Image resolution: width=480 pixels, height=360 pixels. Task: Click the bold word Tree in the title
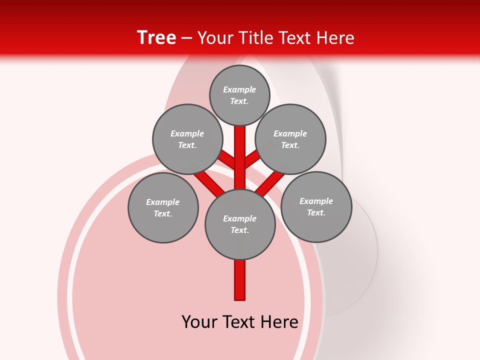coord(156,38)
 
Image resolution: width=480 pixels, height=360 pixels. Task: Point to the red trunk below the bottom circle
coord(240,280)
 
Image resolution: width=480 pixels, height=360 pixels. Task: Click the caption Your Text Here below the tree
coord(240,322)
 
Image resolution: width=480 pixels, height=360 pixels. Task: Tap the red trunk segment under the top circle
coord(240,150)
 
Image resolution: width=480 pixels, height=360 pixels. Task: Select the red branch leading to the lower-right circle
coord(270,182)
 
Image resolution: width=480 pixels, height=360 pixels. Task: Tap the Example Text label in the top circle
coord(239,95)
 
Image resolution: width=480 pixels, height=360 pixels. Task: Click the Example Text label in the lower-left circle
coord(163,208)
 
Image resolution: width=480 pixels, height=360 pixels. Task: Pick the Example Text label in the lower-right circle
coord(316,207)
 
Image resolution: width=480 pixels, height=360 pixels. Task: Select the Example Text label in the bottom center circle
coord(240,224)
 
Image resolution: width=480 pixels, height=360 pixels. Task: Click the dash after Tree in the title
coord(186,38)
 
